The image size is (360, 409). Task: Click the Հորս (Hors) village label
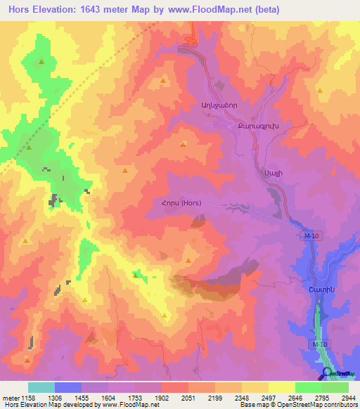pos(181,204)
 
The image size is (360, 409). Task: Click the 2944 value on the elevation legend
pos(348,397)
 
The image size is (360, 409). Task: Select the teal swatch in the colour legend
pos(41,387)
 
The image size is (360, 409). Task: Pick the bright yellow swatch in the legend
pos(281,387)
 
